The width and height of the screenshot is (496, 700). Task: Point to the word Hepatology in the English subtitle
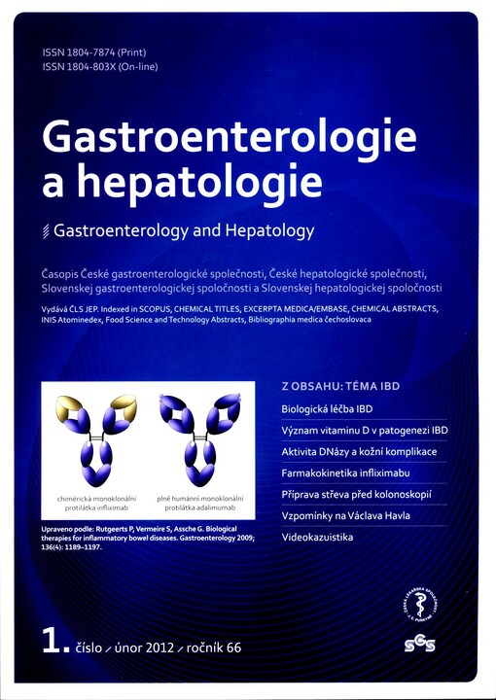pos(271,231)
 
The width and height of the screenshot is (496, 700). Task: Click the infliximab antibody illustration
pos(96,437)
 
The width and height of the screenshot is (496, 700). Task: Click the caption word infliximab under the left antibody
pos(130,507)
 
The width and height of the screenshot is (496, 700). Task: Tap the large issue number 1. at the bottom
pos(53,640)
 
